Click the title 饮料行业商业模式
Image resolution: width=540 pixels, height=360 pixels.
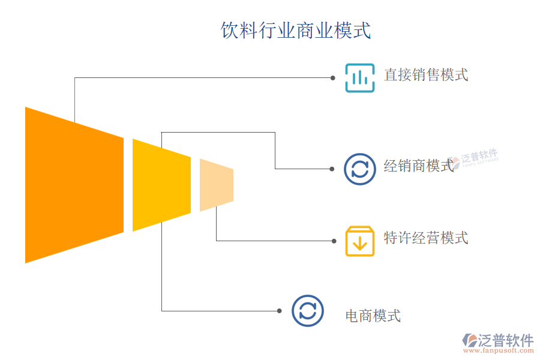[296, 31]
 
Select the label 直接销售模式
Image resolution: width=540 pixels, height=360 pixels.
[426, 75]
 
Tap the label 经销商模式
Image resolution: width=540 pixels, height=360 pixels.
[419, 166]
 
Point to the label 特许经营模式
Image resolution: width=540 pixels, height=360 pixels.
[426, 238]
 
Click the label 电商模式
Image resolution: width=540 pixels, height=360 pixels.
[373, 316]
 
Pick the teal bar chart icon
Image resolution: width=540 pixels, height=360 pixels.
[360, 78]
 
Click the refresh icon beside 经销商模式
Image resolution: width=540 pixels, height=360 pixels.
[360, 169]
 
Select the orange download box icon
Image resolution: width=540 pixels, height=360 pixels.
[360, 241]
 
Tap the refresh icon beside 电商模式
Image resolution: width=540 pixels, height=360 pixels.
[307, 311]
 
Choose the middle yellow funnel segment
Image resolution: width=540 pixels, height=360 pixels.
[161, 185]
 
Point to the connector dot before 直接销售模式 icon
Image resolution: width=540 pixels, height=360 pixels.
[332, 78]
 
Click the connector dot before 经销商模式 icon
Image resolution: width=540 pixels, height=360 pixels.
[332, 169]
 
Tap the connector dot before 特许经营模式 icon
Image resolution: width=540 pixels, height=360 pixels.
[334, 241]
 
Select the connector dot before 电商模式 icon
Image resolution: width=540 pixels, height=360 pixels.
[280, 311]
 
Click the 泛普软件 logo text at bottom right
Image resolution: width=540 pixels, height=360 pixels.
[505, 341]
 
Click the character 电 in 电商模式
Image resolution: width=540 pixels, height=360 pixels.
[352, 316]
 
